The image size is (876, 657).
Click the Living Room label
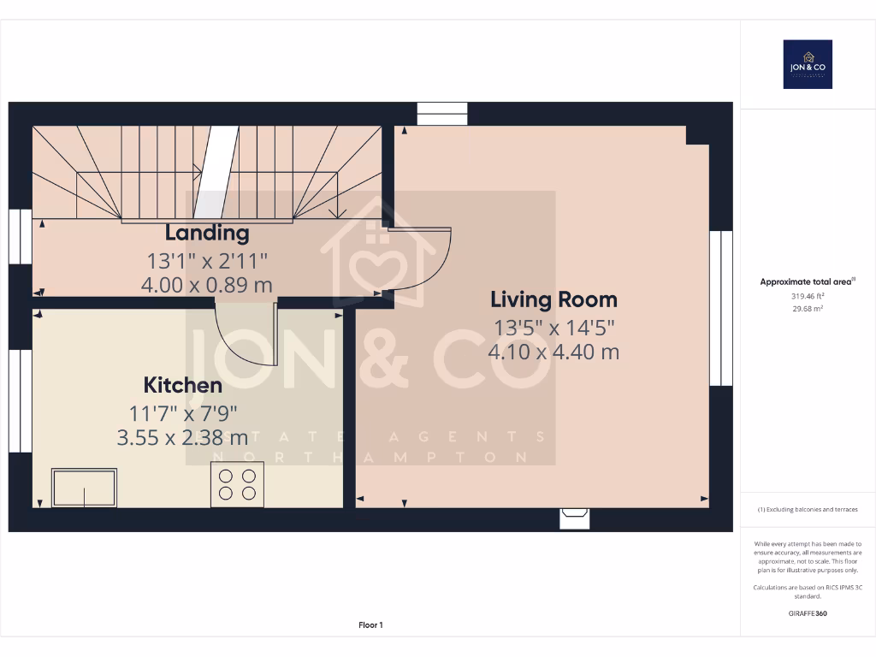pos(553,299)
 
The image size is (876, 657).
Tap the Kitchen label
pos(182,385)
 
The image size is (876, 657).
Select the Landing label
pos(207,233)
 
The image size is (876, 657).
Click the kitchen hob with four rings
pos(237,485)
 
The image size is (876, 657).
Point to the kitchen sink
pos(84,488)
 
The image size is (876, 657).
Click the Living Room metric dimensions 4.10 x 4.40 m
pos(553,352)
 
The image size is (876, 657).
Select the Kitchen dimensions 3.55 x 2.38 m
pos(182,438)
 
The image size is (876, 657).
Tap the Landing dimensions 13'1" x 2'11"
pos(207,260)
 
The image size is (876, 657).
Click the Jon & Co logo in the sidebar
pos(808,64)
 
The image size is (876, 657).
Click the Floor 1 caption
pos(370,625)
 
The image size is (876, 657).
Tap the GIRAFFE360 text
pos(808,613)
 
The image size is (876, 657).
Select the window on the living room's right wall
pos(721,307)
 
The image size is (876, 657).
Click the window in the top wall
pos(442,114)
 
